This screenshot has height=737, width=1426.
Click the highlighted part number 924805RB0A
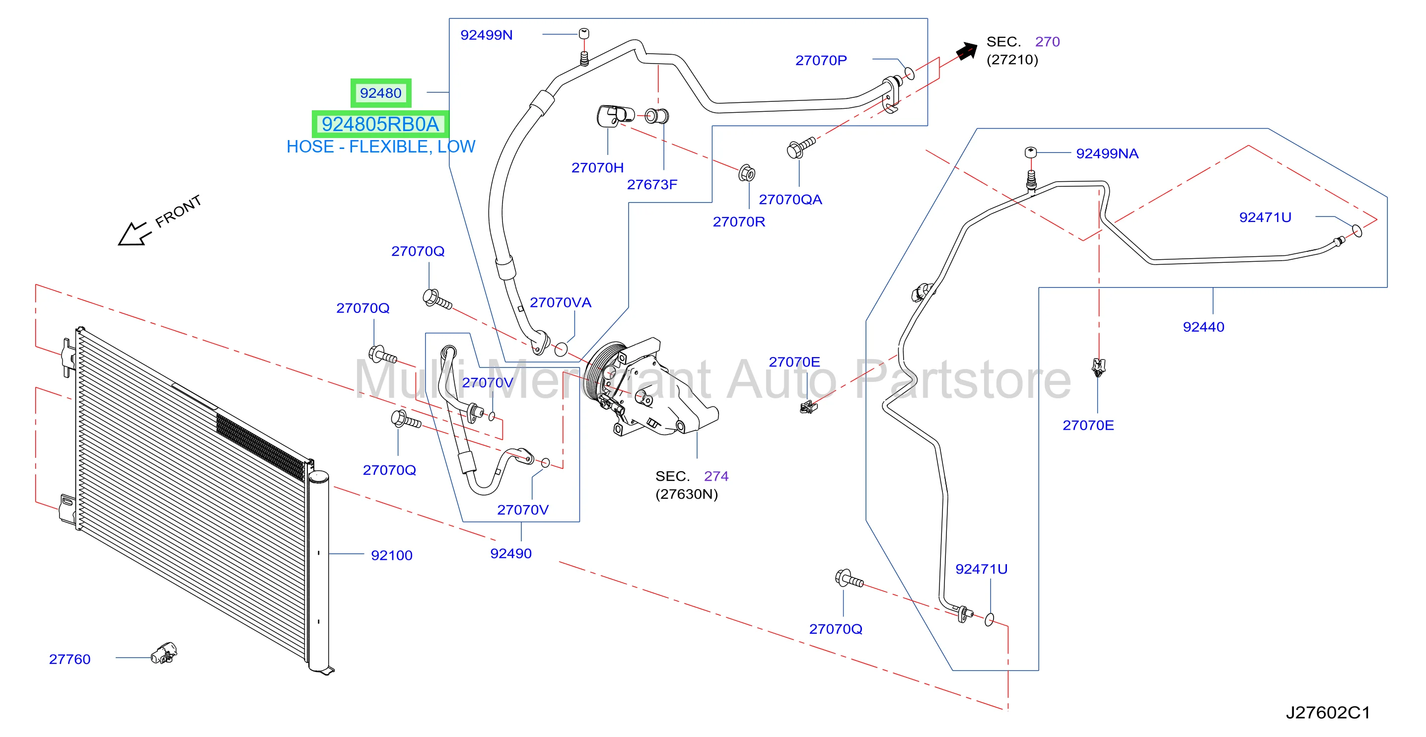[380, 124]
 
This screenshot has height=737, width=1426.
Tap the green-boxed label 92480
[381, 93]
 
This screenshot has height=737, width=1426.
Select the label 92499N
[487, 35]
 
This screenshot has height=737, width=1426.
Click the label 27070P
[821, 61]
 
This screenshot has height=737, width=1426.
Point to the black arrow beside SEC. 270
[967, 51]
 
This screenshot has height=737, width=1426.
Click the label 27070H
[597, 168]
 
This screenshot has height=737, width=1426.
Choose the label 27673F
[652, 184]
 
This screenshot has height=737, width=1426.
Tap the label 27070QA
[790, 199]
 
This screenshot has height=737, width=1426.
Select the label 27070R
[739, 221]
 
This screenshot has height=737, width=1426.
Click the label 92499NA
[1107, 153]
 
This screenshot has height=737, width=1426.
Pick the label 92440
[1204, 327]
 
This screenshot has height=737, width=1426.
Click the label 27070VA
[561, 302]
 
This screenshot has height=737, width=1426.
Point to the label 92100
[392, 555]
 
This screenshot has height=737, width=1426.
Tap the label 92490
[511, 553]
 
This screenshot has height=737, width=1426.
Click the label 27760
[70, 659]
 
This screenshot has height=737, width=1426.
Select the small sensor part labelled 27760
[164, 654]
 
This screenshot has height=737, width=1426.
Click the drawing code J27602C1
[1328, 712]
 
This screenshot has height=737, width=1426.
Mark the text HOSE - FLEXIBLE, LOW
[381, 147]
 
